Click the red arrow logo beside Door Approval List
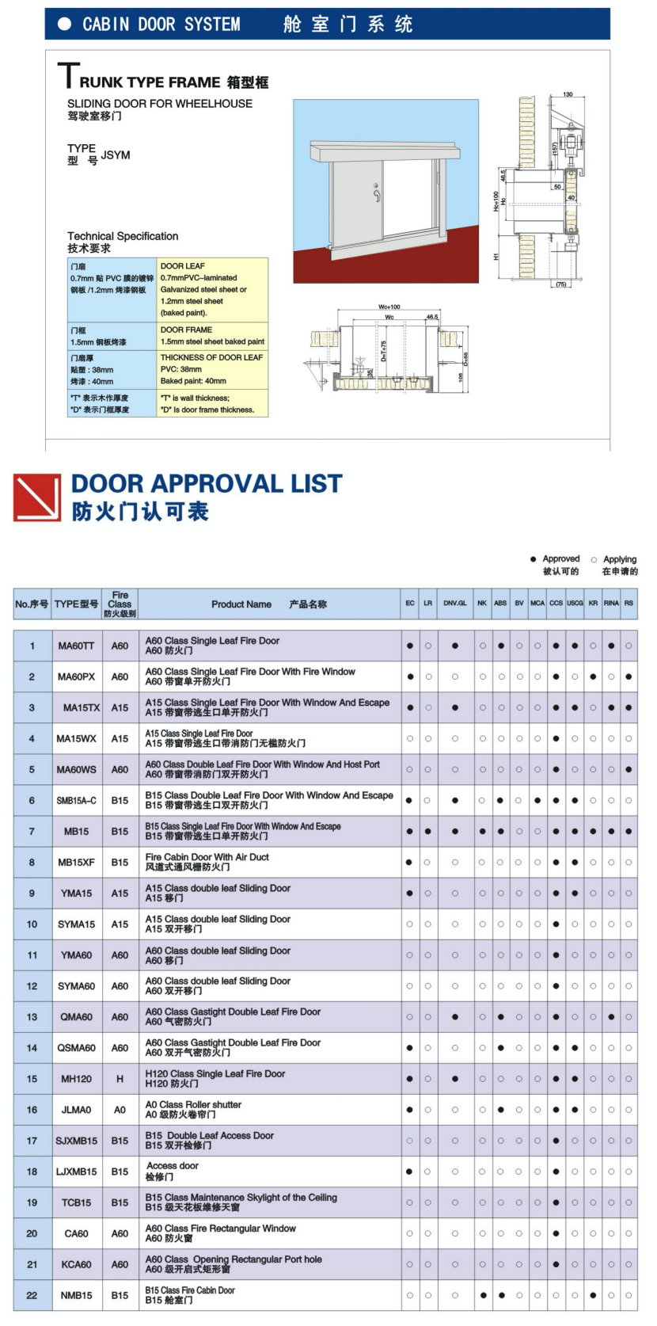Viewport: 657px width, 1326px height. point(37,497)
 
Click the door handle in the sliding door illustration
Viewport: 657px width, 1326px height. point(377,192)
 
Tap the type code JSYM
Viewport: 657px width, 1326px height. point(116,155)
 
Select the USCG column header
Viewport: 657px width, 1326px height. point(575,604)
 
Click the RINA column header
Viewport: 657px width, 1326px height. point(611,604)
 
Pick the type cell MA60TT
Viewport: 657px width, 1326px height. point(76,646)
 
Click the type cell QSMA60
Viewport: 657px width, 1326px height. point(76,1048)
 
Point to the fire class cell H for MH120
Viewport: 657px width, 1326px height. point(120,1079)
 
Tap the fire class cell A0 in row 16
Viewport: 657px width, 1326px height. point(120,1110)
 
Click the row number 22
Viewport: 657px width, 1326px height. point(32,1296)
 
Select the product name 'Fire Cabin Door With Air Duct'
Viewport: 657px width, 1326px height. point(207,857)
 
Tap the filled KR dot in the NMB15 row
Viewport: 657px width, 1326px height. point(593,1296)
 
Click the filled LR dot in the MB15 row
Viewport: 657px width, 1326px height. point(427,832)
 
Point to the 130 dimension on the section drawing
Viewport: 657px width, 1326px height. point(568,94)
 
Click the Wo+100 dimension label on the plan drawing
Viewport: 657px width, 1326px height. point(389,307)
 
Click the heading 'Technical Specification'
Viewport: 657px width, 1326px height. point(123,236)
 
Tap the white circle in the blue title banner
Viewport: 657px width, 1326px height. point(65,25)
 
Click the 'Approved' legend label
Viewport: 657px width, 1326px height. point(560,559)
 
